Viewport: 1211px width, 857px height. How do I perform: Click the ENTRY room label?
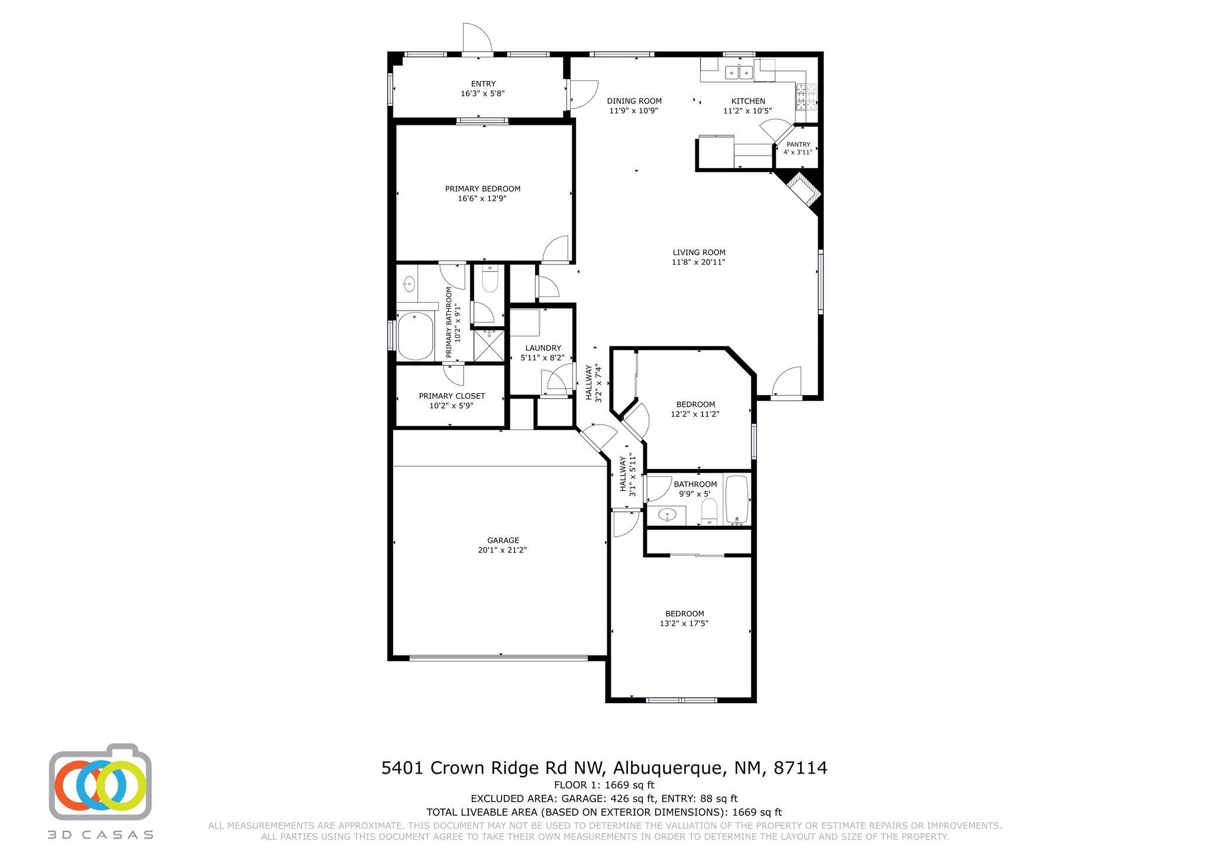click(483, 84)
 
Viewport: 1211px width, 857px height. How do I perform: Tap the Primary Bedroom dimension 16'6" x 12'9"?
click(483, 199)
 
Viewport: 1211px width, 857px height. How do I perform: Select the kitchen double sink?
click(739, 72)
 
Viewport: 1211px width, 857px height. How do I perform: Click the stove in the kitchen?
click(806, 97)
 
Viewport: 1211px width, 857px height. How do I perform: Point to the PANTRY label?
click(798, 144)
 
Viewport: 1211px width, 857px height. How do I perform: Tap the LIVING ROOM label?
click(698, 253)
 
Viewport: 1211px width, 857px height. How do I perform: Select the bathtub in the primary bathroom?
click(415, 336)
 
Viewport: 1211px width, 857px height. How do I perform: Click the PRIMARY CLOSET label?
click(452, 396)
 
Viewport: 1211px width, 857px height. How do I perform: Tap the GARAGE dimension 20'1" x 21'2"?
click(503, 550)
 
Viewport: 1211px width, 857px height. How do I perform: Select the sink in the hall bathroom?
click(668, 515)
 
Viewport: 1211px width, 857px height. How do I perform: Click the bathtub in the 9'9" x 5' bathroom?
click(737, 500)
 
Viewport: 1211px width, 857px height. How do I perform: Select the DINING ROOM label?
click(634, 101)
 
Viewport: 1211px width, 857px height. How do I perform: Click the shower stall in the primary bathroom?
click(488, 346)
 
